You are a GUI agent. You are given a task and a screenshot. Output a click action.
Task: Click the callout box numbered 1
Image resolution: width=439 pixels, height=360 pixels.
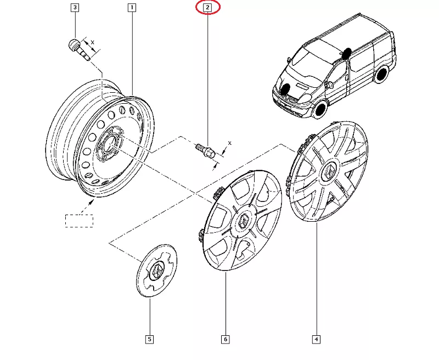tap(132, 8)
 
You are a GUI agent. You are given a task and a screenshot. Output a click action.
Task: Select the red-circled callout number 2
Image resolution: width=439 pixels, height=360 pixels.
tap(207, 8)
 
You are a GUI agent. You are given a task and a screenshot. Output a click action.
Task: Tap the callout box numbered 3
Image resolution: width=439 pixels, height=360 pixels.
tap(75, 8)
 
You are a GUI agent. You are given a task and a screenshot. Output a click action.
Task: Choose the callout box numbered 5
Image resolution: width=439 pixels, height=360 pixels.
tap(149, 339)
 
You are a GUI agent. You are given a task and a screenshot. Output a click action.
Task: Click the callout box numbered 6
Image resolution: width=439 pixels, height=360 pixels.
tap(226, 339)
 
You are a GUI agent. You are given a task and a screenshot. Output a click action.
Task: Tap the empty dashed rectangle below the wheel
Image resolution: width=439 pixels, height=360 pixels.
tap(80, 221)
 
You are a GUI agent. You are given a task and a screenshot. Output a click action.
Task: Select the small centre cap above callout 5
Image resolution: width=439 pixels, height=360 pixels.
tap(157, 271)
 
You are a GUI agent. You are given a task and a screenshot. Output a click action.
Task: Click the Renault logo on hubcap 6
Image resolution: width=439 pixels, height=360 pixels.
tap(244, 221)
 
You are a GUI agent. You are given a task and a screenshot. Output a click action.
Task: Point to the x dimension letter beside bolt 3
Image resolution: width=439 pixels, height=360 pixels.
tap(92, 42)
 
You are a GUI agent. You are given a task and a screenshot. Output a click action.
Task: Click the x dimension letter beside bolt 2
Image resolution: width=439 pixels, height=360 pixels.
tap(230, 143)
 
